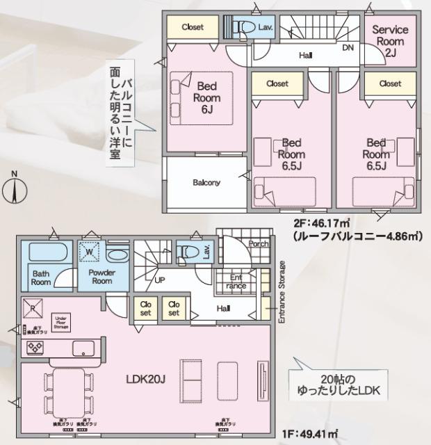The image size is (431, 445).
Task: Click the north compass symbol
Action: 13,189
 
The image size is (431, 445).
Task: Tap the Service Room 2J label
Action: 390,42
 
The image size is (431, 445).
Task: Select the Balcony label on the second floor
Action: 206,183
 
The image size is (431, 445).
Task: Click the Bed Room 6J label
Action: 207,98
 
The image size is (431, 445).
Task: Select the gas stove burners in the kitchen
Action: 36,347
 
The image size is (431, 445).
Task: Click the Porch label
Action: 259,244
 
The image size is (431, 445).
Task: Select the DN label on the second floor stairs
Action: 348,48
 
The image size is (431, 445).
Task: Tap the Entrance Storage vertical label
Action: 282,292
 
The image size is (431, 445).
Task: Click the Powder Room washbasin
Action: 115,254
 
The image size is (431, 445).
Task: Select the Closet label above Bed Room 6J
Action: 193,27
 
